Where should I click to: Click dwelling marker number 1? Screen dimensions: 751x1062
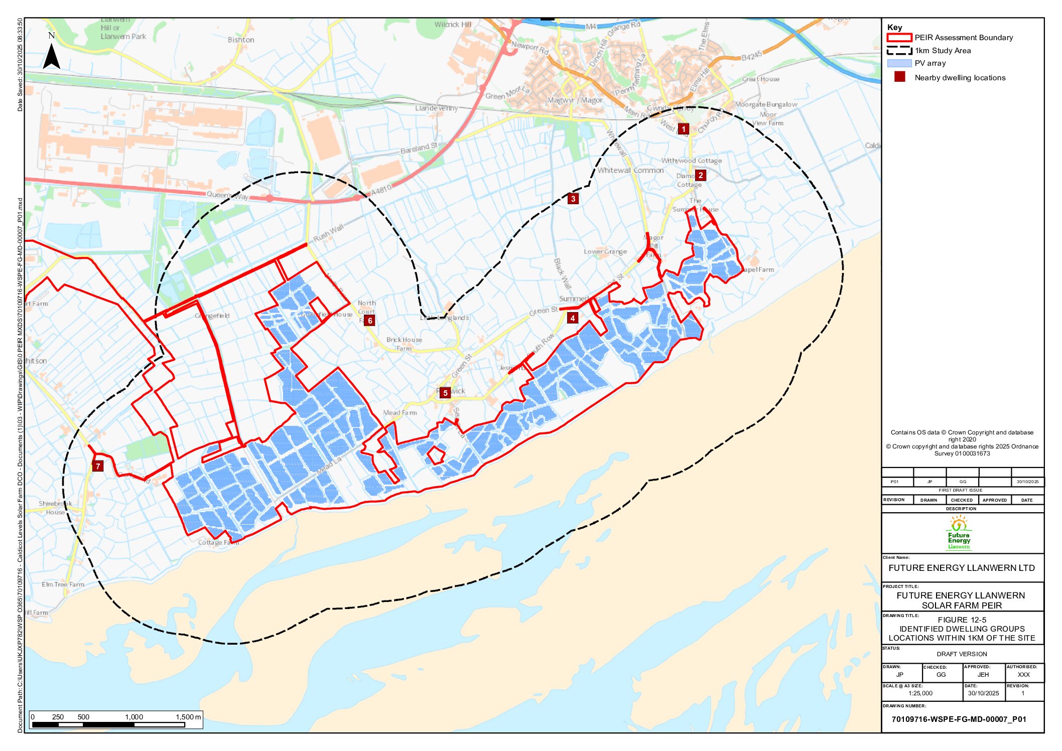pos(683,129)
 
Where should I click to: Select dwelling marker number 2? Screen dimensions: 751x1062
pos(701,175)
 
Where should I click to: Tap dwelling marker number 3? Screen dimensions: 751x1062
pos(573,199)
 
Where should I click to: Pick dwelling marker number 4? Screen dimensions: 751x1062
pos(573,318)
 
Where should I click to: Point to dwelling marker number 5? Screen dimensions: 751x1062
pos(445,393)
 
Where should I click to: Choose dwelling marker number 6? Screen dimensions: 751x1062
pos(370,321)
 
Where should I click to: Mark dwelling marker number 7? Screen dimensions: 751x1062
pos(98,466)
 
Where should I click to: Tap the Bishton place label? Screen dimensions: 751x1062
pos(241,40)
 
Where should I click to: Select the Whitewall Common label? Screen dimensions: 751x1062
pos(630,171)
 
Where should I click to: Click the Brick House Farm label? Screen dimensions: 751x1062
pos(404,344)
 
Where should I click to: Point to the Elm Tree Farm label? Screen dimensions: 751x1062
pos(63,584)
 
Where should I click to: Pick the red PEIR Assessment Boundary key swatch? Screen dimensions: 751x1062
pos(899,38)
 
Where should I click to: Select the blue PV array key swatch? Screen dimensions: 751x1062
pos(899,63)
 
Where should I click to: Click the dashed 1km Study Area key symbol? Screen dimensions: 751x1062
pos(899,51)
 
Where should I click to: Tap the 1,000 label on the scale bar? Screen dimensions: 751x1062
pos(134,717)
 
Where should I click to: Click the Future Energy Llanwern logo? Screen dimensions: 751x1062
pos(959,533)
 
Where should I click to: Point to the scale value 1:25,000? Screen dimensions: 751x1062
pos(920,693)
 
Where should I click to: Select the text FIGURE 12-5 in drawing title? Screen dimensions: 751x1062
pos(962,620)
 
